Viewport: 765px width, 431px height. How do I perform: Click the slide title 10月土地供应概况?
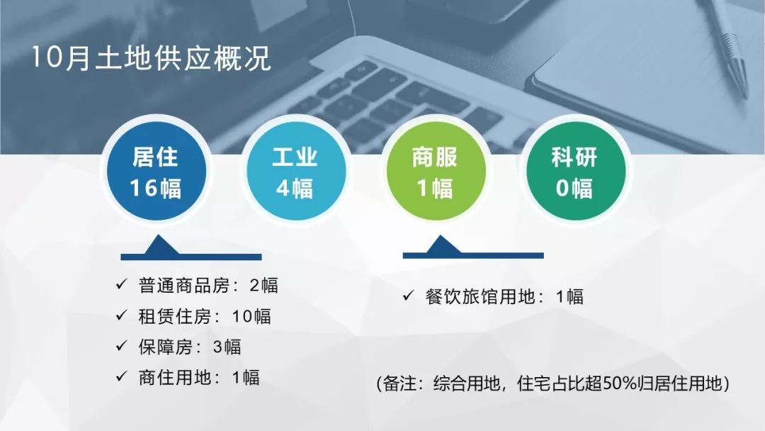coord(151,58)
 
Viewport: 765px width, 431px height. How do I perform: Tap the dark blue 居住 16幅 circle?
coord(156,172)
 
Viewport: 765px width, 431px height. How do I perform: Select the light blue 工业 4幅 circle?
coord(295,172)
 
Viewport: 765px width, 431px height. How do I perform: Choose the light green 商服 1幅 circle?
coord(436,172)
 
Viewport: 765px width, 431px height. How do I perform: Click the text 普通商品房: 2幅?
coord(208,286)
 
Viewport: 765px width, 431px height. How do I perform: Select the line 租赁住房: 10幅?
coord(205,316)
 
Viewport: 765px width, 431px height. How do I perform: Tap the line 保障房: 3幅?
coord(190,347)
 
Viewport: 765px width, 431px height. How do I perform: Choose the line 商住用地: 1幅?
coord(199,377)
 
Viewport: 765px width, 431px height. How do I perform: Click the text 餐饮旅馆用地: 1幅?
coord(504,296)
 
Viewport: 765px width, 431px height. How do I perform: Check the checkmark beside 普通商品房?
coord(122,284)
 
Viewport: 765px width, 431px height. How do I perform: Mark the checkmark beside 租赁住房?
coord(122,315)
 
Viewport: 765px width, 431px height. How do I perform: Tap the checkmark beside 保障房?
coord(122,346)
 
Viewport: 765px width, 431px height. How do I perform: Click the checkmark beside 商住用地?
coord(122,376)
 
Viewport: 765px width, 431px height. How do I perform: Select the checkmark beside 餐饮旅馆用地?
coord(409,296)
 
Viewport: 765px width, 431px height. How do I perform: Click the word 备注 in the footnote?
coord(399,384)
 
